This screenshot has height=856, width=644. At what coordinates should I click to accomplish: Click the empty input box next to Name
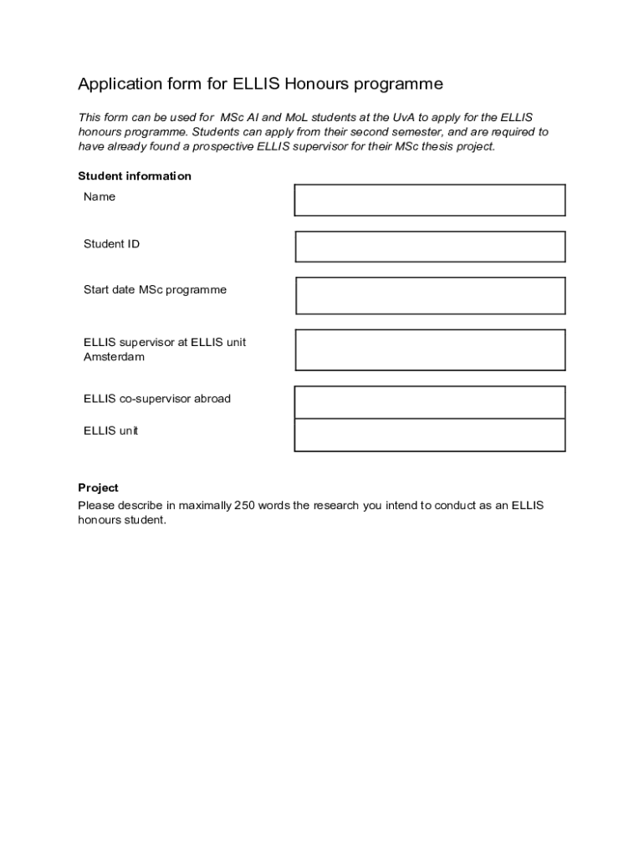(430, 201)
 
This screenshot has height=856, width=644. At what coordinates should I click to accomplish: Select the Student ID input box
(430, 247)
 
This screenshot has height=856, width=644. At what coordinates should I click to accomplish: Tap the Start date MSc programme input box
(430, 296)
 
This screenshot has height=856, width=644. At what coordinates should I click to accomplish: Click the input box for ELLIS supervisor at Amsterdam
(430, 349)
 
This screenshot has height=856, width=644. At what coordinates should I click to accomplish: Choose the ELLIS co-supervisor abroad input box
(430, 402)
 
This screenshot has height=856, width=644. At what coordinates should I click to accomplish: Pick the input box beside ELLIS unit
(430, 435)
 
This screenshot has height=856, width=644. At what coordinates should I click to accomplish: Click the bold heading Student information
(135, 176)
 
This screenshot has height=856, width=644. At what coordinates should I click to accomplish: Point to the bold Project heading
(99, 487)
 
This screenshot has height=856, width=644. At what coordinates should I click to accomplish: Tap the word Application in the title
(119, 84)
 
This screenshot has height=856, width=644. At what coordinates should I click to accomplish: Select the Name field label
(100, 197)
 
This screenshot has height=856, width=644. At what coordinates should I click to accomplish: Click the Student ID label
(111, 244)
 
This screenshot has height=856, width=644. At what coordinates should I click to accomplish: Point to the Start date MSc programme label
(155, 290)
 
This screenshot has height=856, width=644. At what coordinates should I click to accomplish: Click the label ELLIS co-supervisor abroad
(157, 399)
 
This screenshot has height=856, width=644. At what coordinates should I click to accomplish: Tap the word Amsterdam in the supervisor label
(114, 357)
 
